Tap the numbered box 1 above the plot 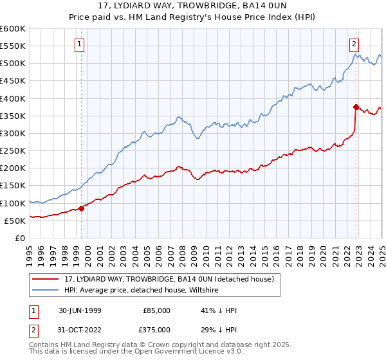point(79,44)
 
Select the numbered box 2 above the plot point(354,44)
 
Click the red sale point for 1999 point(82,208)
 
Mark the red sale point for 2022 point(356,107)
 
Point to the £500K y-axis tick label point(13,64)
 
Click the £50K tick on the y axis point(15,221)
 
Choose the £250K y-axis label point(13,151)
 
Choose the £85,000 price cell point(157,310)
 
